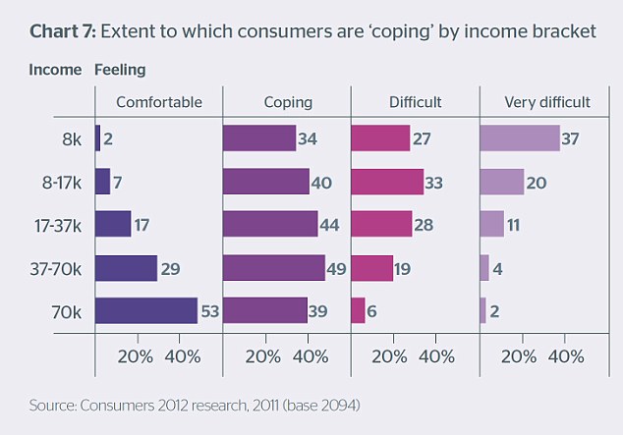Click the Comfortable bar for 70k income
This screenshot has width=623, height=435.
point(146,310)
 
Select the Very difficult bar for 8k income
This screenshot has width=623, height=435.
point(519,138)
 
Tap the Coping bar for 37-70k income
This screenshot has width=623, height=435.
point(273,268)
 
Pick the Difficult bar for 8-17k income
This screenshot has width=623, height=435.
point(387,182)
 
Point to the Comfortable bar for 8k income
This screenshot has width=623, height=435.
point(97,138)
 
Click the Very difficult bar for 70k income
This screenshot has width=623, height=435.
point(482,310)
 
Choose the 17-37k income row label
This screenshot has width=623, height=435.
point(58,226)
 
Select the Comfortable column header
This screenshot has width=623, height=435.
point(159,101)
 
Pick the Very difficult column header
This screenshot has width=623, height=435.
point(546,101)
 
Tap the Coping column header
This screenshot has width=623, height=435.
point(288,101)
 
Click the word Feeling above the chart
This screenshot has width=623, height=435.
point(121,70)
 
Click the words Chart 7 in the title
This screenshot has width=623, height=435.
point(62,31)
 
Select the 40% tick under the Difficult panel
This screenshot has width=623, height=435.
point(437,355)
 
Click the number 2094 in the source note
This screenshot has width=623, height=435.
point(342,403)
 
